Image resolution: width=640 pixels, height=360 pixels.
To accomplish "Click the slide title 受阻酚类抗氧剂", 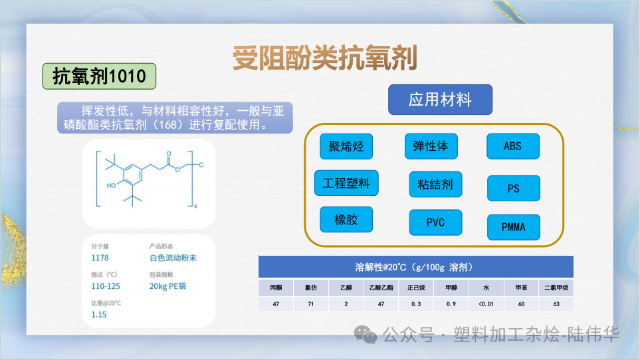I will [x=324, y=58].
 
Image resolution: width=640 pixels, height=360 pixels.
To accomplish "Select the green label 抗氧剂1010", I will [x=99, y=76].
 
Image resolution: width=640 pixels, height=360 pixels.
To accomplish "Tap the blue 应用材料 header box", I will [x=440, y=100].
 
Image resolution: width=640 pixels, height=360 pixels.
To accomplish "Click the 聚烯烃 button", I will [x=346, y=146].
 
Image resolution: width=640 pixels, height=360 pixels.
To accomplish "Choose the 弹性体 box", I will [x=431, y=146].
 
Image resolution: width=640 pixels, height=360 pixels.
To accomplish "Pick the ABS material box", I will [x=512, y=146].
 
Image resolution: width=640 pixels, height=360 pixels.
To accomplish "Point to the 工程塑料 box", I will [x=346, y=183].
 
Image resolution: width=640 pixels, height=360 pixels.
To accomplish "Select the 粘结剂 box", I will [x=435, y=185].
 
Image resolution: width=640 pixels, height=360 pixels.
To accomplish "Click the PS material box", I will [x=513, y=189].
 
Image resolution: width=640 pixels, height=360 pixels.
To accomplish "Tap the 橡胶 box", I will [x=346, y=219].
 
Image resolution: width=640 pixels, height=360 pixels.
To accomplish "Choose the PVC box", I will [x=435, y=223].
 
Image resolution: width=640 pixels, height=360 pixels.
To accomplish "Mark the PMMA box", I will [x=513, y=227].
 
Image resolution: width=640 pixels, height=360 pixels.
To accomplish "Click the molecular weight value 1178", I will [x=100, y=258].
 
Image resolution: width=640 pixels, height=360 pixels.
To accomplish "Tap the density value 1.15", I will [x=99, y=314].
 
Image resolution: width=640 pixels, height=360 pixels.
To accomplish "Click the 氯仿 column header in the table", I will [x=310, y=288].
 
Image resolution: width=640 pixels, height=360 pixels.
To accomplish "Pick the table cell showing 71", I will [x=310, y=304].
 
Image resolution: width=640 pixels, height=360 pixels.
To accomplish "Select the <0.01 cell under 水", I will [x=486, y=304].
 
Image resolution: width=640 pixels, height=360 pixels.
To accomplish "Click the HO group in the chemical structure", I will [x=111, y=185].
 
